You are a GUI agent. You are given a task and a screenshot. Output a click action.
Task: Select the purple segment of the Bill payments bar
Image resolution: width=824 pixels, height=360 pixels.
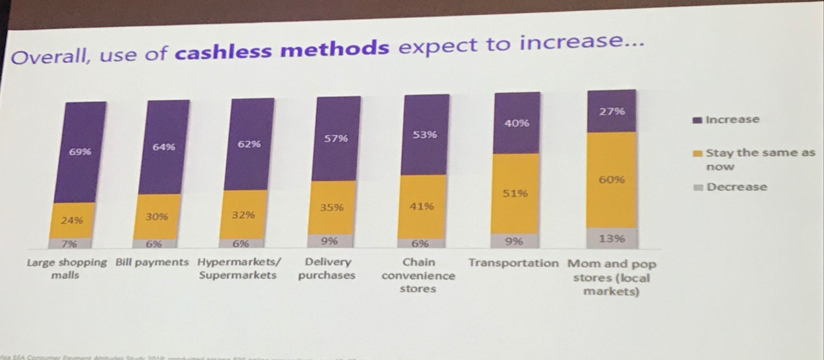tap(163, 146)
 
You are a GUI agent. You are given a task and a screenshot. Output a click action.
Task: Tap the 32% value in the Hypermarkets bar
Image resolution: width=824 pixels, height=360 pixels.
tap(243, 215)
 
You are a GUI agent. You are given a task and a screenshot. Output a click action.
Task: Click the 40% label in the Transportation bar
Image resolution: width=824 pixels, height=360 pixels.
tap(517, 124)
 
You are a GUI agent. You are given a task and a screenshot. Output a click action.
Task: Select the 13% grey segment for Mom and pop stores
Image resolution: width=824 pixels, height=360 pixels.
tap(611, 238)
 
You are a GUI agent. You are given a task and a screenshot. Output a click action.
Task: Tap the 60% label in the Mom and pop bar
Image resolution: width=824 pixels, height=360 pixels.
tap(611, 180)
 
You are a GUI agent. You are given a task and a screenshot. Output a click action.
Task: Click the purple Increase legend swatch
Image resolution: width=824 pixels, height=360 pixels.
tap(697, 120)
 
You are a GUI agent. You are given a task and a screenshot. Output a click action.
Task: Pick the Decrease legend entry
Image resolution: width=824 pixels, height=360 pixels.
tap(736, 187)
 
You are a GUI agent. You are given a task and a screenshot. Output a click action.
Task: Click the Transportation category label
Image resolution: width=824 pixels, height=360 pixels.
tap(514, 263)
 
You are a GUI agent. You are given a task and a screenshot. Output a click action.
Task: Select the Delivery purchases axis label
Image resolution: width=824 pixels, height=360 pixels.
tap(327, 269)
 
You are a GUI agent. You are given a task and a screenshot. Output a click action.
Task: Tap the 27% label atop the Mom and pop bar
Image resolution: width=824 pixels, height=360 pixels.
tap(611, 111)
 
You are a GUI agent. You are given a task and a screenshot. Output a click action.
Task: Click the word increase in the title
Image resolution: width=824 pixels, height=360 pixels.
tap(575, 43)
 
